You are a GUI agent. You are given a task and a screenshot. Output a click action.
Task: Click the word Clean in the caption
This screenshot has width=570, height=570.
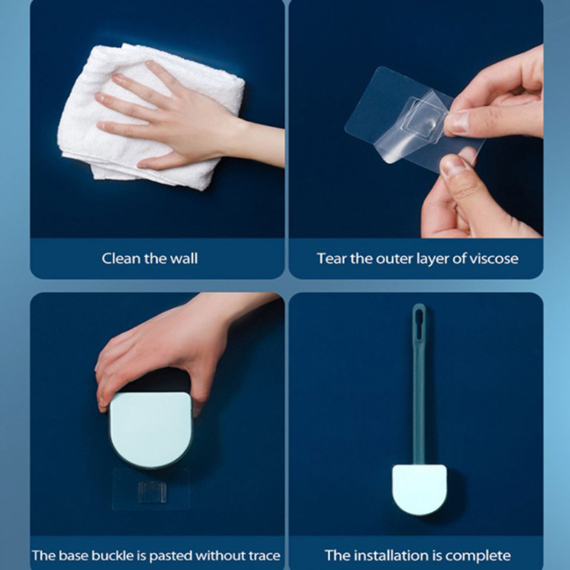point(121,259)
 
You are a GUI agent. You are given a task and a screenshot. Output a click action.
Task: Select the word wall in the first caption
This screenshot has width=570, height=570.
point(185,259)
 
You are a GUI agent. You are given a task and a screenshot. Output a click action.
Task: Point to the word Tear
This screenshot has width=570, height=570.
point(331,259)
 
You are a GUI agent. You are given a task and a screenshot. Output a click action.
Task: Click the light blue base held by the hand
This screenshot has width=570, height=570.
point(151,429)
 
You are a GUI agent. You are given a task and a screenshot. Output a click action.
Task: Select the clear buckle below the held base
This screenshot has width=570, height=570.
point(152,492)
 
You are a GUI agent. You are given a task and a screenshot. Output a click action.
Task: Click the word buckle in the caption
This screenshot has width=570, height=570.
point(113,556)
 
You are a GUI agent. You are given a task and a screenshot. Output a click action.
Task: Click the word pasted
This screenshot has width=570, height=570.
point(170,556)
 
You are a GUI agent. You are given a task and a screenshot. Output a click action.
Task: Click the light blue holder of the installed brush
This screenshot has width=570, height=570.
point(419,489)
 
